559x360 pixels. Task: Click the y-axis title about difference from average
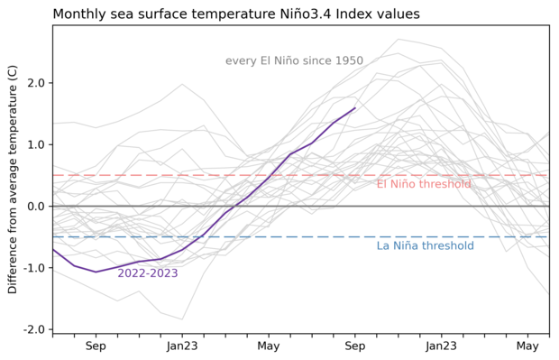tap(13, 179)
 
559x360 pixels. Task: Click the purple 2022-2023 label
tap(147, 273)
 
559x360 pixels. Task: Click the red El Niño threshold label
tap(423, 185)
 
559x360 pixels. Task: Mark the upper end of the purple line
tap(355, 107)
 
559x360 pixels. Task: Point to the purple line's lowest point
tap(96, 272)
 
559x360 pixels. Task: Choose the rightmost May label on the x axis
tap(527, 346)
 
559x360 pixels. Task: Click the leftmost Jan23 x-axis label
tap(182, 346)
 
